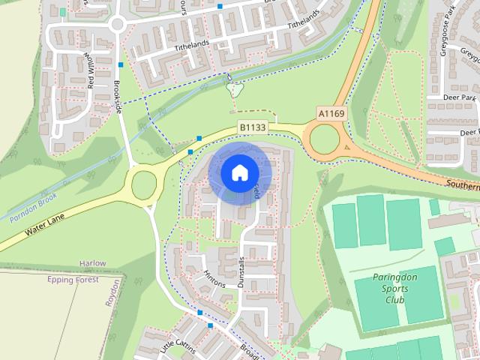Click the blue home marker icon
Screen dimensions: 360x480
pos(238,172)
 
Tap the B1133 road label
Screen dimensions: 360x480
pos(252,128)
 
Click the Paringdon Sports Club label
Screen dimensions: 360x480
pos(395,289)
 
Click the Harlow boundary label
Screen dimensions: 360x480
pos(92,264)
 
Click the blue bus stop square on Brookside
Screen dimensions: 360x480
pos(120,64)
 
